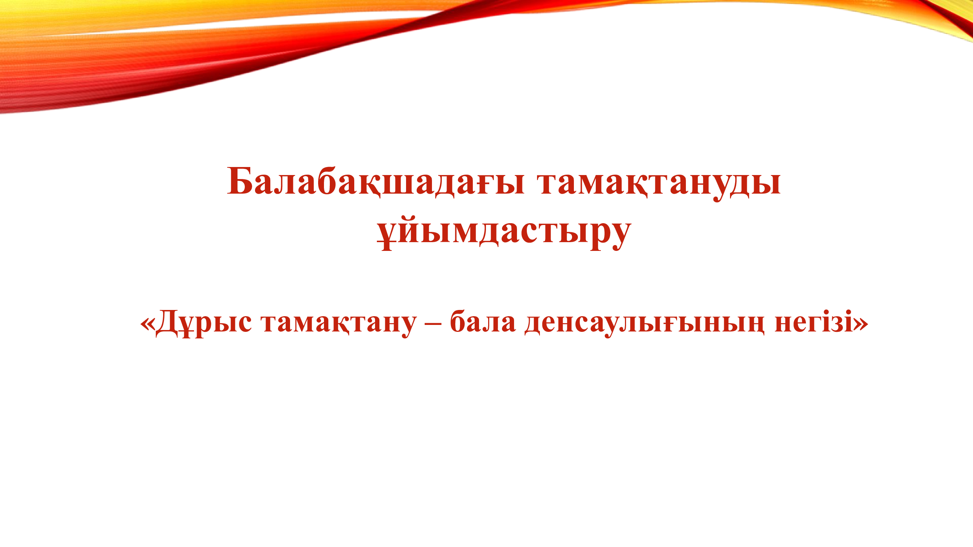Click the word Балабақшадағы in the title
click(376, 182)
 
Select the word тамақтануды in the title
click(660, 182)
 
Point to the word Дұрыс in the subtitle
click(204, 322)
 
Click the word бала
click(483, 322)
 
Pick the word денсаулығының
click(644, 322)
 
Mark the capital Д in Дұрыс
click(166, 322)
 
